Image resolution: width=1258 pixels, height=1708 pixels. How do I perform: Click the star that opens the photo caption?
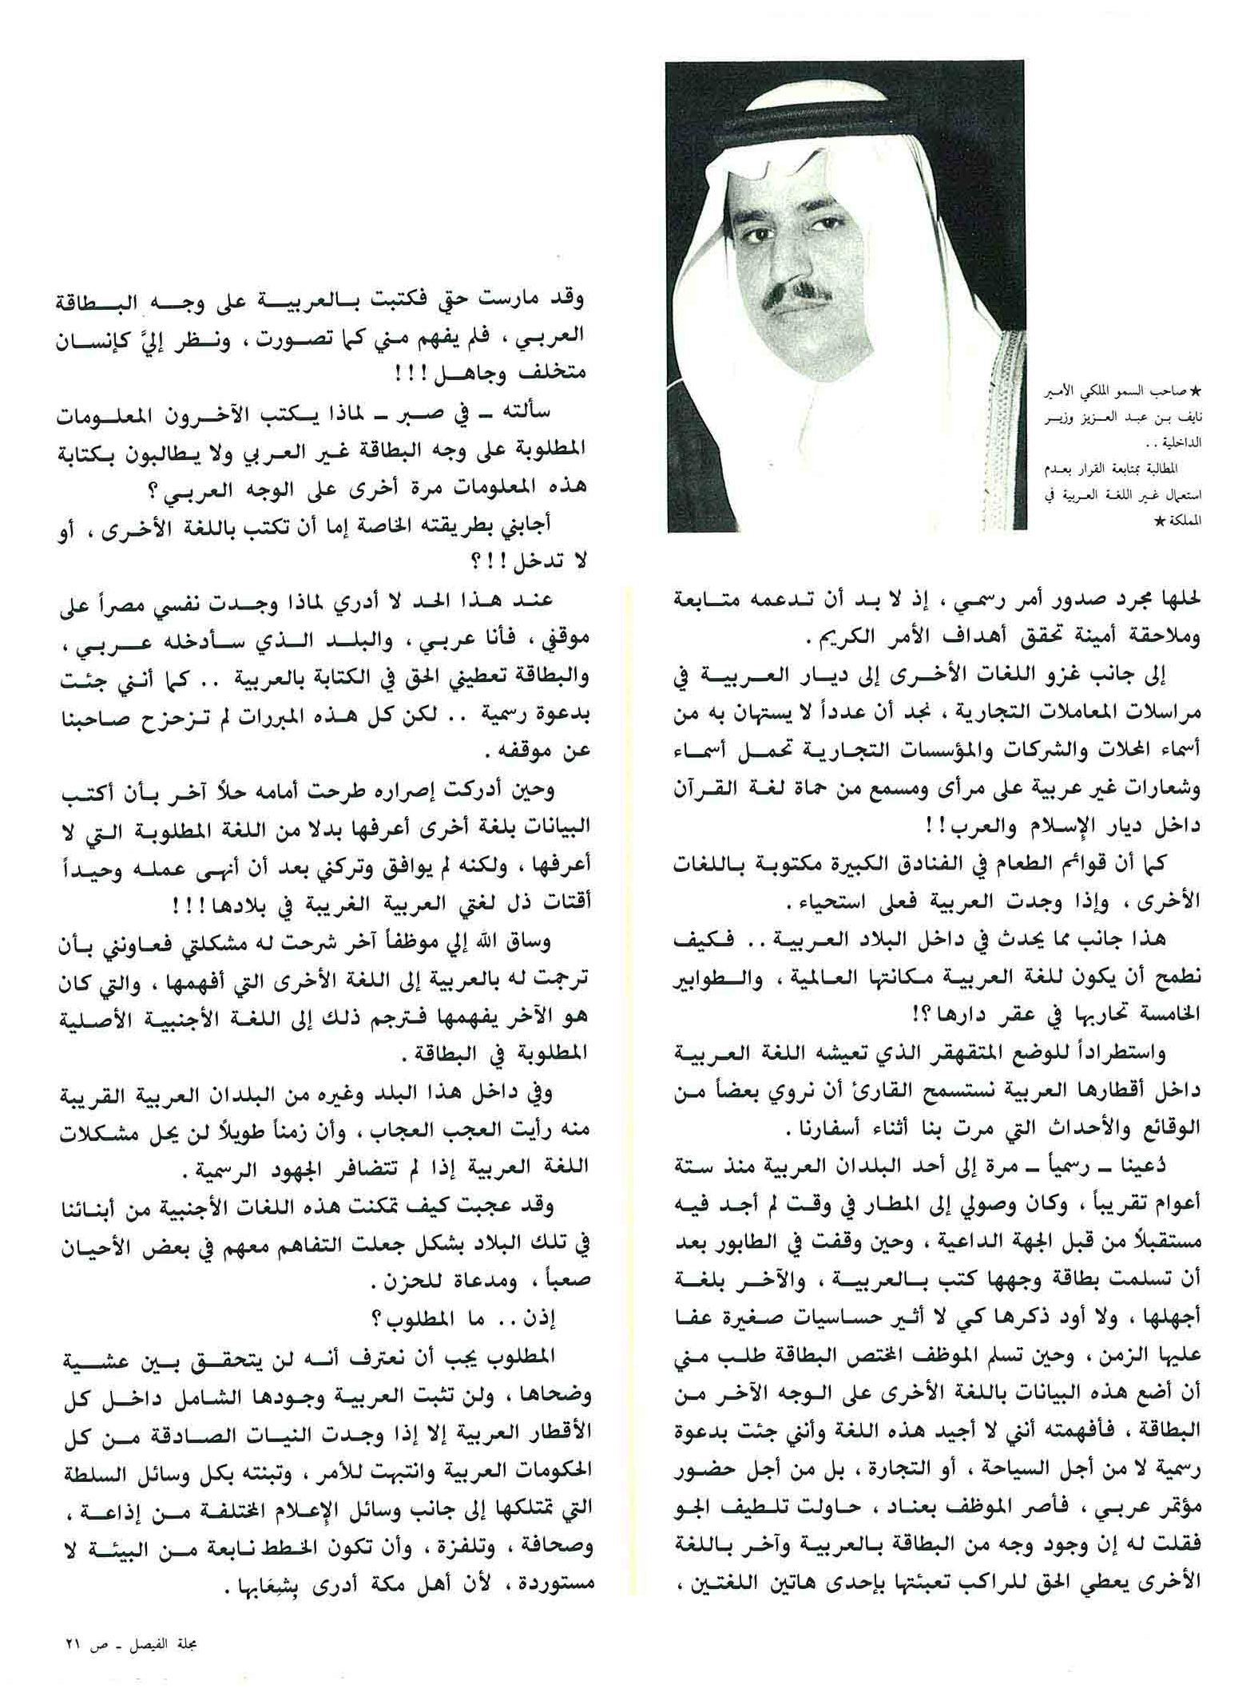pos(1195,392)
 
